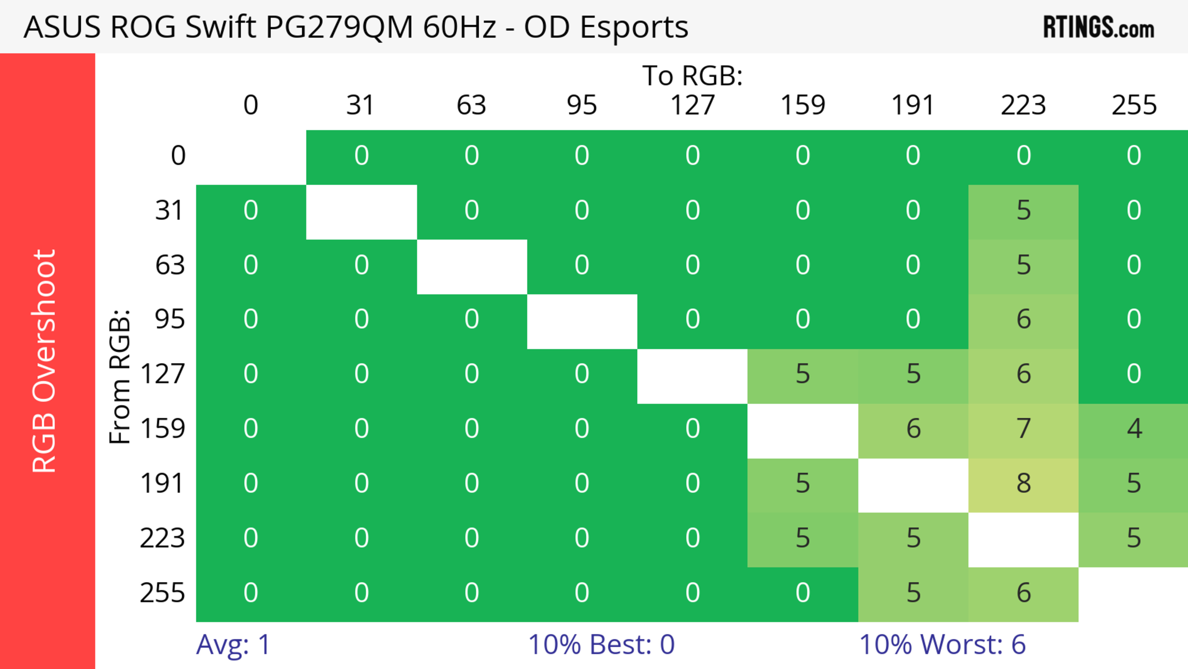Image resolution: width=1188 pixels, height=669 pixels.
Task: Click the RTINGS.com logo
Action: (x=1099, y=28)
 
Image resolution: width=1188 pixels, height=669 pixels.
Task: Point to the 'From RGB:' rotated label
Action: (x=120, y=376)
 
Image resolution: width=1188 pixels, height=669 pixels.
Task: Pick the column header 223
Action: (x=1023, y=105)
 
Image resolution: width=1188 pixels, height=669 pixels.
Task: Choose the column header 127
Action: (x=692, y=105)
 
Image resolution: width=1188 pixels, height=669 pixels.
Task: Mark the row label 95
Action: (x=170, y=319)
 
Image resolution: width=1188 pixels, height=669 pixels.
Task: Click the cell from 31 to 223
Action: (x=1023, y=211)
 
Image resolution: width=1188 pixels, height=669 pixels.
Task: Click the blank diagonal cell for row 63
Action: (x=472, y=266)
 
